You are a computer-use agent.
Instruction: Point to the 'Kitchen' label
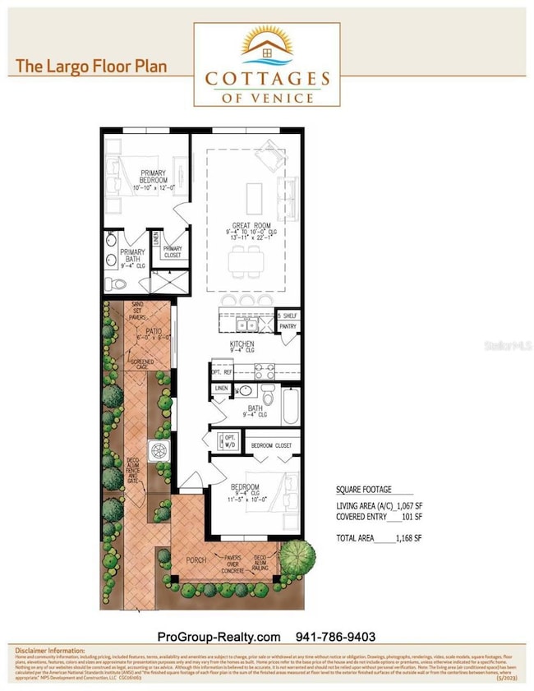(x=242, y=343)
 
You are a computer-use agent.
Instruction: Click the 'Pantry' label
(x=288, y=326)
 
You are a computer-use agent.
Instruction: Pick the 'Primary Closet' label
(x=173, y=251)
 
